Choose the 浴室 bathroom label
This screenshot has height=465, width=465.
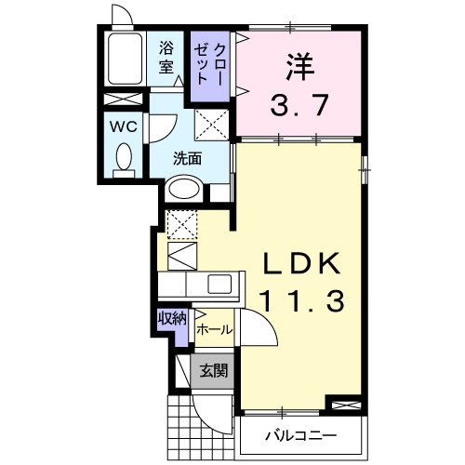coord(166,57)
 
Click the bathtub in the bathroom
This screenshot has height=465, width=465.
coord(124,61)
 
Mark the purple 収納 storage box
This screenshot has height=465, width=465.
coord(172,319)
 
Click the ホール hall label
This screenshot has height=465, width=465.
coord(215,329)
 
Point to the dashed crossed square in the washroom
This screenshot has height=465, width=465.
coord(210,122)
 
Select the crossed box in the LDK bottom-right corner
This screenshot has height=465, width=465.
coord(343,405)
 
